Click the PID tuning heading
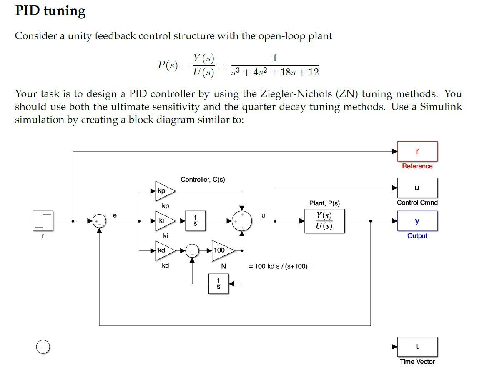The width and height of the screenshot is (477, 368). [x=50, y=11]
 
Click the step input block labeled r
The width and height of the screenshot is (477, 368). [x=43, y=221]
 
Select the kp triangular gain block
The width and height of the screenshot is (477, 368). [x=164, y=191]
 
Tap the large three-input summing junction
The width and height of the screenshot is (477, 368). [x=242, y=221]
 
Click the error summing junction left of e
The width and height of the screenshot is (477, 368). [x=99, y=221]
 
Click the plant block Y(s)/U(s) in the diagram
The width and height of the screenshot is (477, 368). [x=324, y=221]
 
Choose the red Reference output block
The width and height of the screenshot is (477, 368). [x=417, y=151]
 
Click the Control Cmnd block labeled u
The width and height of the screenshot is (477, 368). [x=417, y=188]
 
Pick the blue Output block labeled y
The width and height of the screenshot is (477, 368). [x=417, y=221]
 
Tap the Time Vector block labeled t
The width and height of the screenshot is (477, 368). [x=417, y=347]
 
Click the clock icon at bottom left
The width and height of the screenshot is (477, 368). [x=43, y=347]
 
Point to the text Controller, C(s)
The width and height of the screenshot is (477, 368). [x=203, y=180]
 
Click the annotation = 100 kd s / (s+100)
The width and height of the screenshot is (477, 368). [x=278, y=266]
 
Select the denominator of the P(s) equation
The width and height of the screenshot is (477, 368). [x=275, y=73]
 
